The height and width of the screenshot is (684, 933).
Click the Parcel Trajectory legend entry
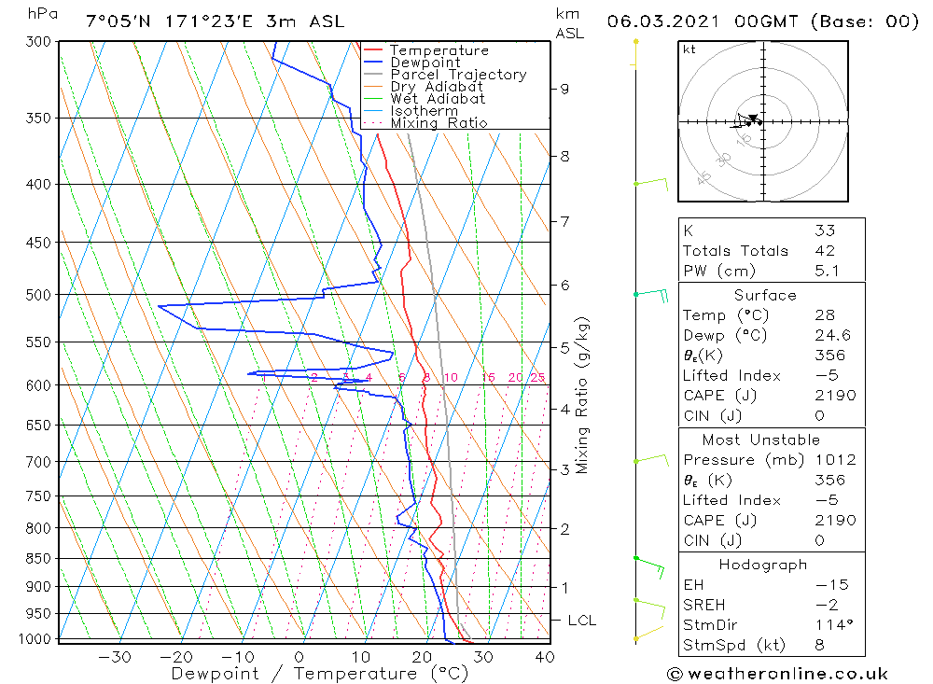(x=458, y=75)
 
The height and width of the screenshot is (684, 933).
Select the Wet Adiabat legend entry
(x=438, y=99)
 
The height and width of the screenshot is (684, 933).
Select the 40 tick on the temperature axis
(x=544, y=657)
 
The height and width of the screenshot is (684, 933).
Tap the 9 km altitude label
(x=564, y=89)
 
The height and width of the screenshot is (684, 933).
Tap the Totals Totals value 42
(x=824, y=251)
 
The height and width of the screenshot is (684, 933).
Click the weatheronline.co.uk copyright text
(x=777, y=674)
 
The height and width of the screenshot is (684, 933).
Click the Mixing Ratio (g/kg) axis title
(x=583, y=395)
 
